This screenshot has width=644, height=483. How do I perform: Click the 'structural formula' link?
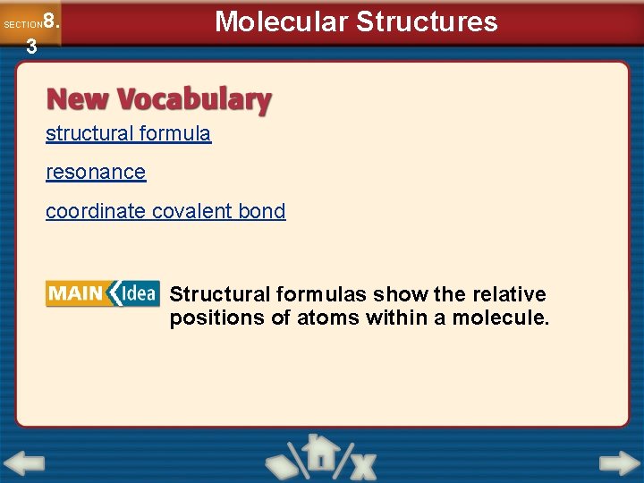[128, 134]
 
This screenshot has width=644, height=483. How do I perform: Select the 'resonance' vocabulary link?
[96, 172]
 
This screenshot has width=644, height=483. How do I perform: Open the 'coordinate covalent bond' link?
[165, 211]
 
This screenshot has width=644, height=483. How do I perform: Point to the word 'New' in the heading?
[79, 99]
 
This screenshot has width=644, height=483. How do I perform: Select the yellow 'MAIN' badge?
[75, 293]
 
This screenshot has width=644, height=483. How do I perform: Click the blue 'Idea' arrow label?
[134, 293]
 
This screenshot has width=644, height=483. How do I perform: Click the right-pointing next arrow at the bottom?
[619, 463]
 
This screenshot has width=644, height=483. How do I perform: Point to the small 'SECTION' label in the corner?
[22, 25]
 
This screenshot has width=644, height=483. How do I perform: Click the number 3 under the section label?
[31, 47]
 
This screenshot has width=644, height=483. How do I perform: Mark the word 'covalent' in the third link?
[192, 211]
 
